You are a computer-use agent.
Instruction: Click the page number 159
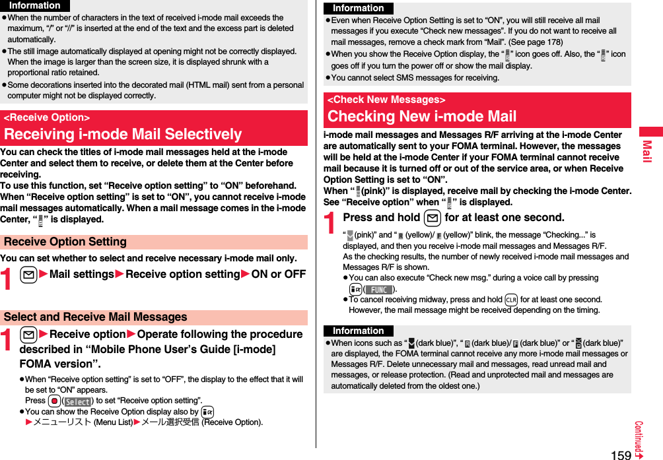(x=621, y=454)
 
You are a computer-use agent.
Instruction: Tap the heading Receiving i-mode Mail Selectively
(x=123, y=134)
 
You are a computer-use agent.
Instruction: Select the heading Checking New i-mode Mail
(x=422, y=117)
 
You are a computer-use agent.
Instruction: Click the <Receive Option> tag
(x=47, y=117)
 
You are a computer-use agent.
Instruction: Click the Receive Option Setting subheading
(x=65, y=242)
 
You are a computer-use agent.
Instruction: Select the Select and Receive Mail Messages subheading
(x=96, y=317)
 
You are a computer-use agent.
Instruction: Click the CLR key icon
(x=510, y=299)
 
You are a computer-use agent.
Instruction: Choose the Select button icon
(x=77, y=401)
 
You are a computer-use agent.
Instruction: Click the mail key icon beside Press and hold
(x=433, y=218)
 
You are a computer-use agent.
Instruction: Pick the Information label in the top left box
(x=34, y=5)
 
